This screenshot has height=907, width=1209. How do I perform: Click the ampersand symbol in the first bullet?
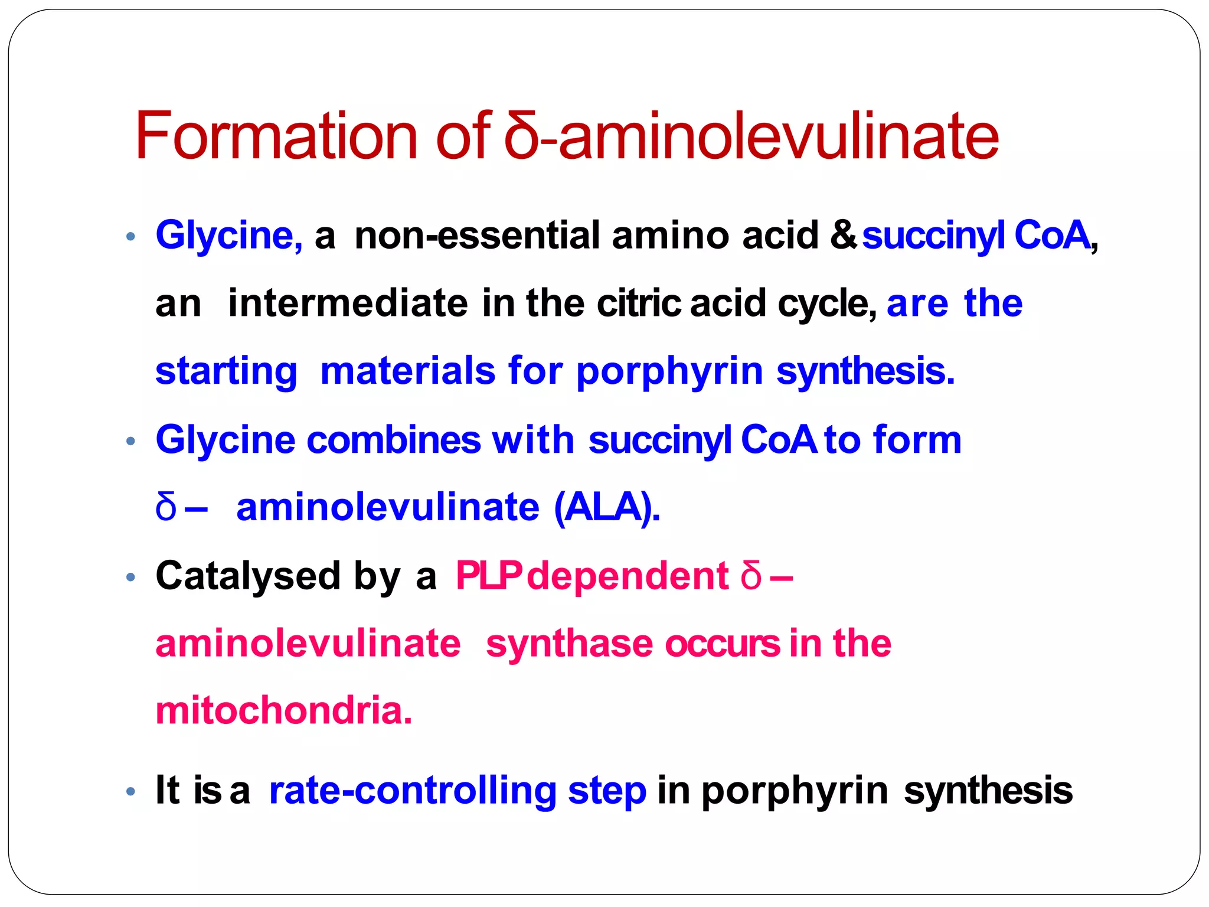tap(844, 235)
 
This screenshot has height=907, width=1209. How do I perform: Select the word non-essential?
tap(477, 235)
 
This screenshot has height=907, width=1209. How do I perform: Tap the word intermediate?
tap(348, 303)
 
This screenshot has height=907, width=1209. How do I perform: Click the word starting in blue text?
tap(226, 371)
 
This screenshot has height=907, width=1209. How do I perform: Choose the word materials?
tap(407, 371)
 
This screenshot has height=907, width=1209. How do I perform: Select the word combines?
tap(394, 440)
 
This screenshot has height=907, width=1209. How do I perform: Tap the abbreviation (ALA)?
tap(607, 508)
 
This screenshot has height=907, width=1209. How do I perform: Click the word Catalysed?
tap(248, 576)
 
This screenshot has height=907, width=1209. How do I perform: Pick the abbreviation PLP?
tap(488, 576)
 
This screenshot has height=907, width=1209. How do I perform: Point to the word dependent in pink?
tap(628, 576)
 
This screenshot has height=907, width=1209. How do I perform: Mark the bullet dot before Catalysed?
tap(131, 578)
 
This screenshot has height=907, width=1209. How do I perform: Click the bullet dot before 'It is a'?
tap(131, 792)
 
